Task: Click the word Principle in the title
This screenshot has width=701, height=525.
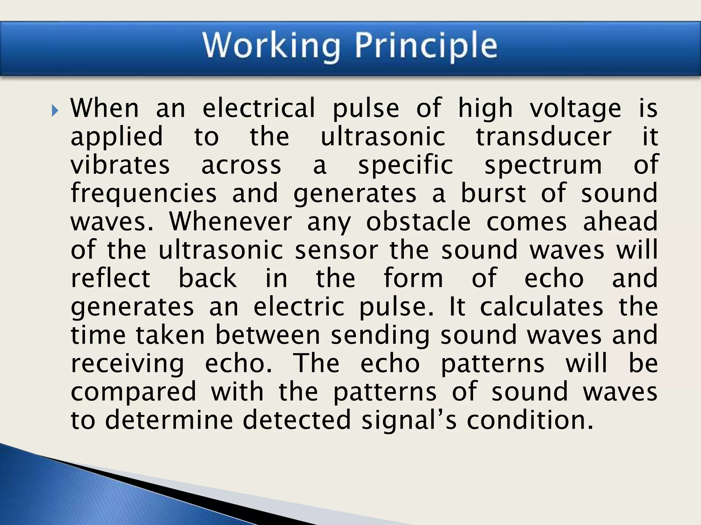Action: coord(425,46)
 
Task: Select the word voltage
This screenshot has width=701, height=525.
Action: coord(575,109)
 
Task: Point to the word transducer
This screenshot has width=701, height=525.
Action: coord(544,137)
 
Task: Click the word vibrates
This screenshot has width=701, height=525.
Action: coord(120,165)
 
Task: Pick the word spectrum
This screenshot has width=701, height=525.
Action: coord(543,166)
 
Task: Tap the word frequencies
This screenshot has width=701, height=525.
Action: coord(144,193)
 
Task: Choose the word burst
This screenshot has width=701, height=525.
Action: coord(493,193)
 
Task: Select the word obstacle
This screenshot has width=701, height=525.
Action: coord(418,222)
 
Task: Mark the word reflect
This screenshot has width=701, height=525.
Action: coord(111,278)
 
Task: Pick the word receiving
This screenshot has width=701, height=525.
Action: coord(127,364)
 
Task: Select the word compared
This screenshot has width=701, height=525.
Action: coord(133,392)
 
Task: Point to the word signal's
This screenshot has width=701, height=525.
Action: coord(409,421)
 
